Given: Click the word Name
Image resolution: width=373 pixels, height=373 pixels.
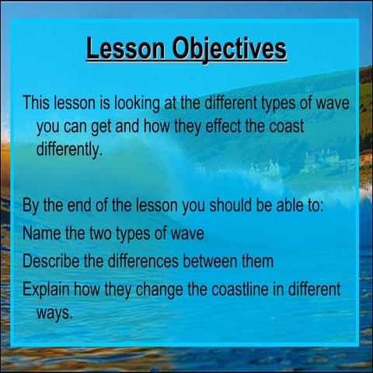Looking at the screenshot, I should pyautogui.click(x=40, y=233).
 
